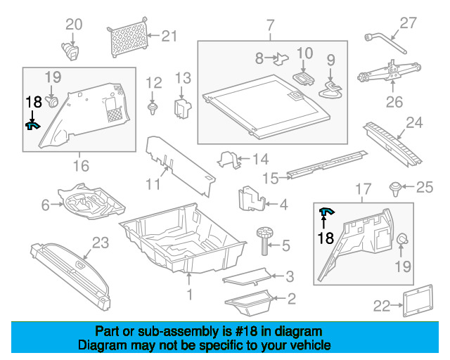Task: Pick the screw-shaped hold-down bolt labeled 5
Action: [x=266, y=239]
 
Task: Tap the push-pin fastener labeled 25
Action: [x=397, y=188]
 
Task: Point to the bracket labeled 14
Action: [x=230, y=160]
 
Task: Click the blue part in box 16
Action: [x=32, y=126]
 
